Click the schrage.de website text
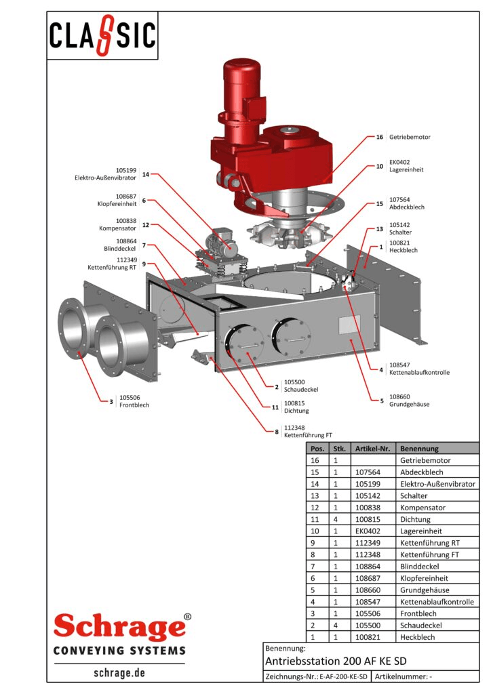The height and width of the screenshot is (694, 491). (119, 674)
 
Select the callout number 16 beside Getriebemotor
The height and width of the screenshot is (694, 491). (380, 137)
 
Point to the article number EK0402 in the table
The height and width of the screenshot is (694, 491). (367, 531)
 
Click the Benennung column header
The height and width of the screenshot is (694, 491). (419, 448)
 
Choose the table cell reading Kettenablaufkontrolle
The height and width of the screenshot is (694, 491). (437, 602)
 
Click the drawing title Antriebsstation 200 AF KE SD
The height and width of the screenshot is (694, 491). (336, 661)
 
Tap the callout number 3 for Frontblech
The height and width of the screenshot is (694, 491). (111, 401)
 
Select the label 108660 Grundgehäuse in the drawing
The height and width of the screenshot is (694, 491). (409, 401)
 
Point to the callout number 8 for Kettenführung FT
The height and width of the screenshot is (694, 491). (277, 431)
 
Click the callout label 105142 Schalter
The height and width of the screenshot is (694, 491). (399, 228)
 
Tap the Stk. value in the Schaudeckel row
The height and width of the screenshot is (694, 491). (335, 625)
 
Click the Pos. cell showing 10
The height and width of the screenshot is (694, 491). (314, 531)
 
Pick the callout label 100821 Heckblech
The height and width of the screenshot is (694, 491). (403, 247)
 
